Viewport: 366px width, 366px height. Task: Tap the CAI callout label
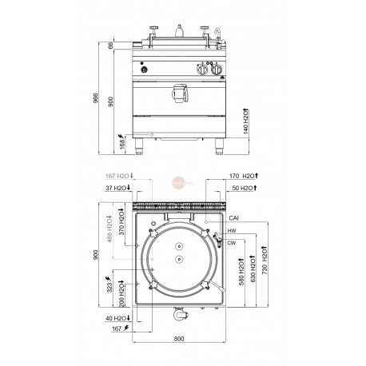tap(233, 217)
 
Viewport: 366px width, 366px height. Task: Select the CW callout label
tap(231, 241)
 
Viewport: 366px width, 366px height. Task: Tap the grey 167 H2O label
tap(119, 175)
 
